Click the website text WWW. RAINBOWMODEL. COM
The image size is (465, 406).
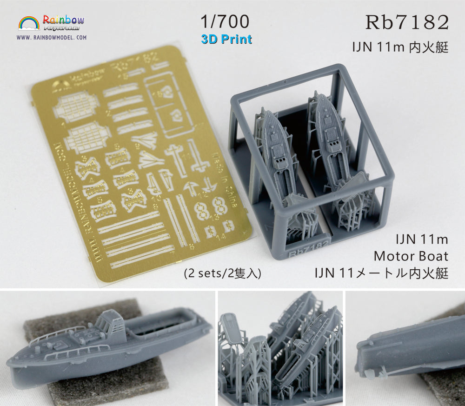tap(52, 37)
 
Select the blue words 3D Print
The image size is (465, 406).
tap(226, 39)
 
